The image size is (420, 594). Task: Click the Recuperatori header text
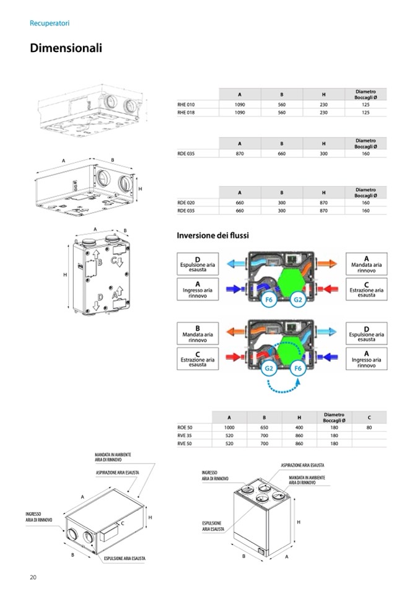tap(50, 23)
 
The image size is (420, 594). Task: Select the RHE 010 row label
tap(186, 105)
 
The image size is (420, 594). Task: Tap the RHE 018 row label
tap(186, 113)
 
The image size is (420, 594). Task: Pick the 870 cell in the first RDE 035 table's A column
tap(240, 153)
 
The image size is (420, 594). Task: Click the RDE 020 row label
tap(186, 203)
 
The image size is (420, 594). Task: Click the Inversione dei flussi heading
tap(213, 235)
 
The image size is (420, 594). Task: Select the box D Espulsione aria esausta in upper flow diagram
tap(198, 263)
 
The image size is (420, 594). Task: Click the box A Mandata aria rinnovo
tap(366, 262)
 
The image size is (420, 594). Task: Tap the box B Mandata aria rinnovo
tap(198, 333)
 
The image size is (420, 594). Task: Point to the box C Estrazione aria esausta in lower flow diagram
tap(198, 359)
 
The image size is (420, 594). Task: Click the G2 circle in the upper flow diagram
tap(297, 300)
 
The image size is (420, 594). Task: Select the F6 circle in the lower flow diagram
tap(297, 369)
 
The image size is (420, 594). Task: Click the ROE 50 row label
tap(185, 427)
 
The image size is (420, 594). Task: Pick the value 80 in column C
tap(369, 427)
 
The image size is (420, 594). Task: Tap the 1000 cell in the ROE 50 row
tap(229, 427)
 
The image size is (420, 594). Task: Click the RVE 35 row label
tap(185, 435)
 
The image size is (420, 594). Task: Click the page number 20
tap(33, 577)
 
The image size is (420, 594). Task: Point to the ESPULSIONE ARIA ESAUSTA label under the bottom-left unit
tap(125, 558)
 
